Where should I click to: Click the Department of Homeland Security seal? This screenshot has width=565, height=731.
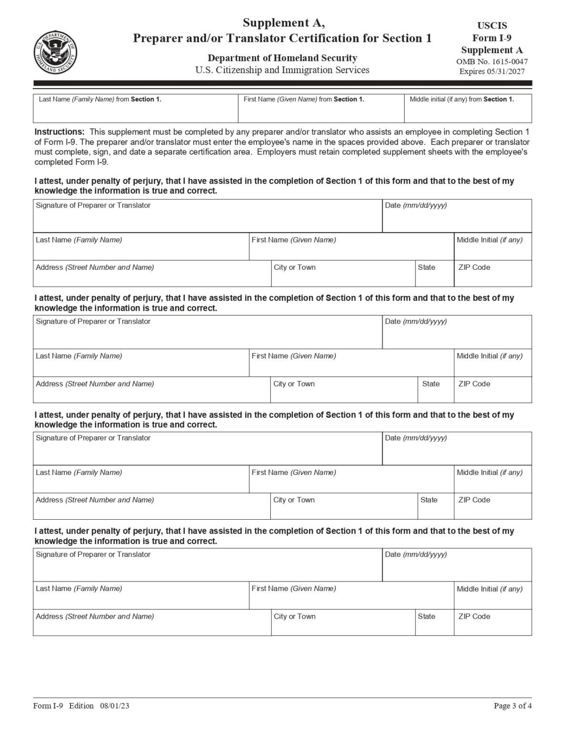56,52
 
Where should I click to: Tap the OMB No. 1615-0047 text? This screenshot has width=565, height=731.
492,61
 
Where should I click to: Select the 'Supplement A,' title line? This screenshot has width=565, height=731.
284,22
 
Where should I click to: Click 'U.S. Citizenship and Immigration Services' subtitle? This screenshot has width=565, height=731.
282,70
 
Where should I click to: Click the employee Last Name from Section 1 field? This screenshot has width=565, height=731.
135,112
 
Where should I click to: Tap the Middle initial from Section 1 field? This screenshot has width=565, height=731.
467,112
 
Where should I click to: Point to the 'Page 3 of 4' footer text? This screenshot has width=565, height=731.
513,706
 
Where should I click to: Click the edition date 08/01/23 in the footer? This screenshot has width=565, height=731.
115,706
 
